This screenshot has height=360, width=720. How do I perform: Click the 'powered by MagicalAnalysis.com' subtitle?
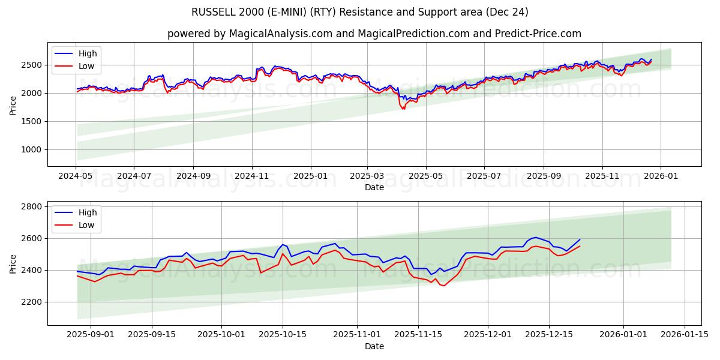click(374, 34)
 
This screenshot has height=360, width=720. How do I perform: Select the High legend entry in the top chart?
click(87, 53)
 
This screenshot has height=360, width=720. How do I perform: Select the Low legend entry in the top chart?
click(86, 66)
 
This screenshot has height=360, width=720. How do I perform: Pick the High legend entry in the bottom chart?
click(87, 212)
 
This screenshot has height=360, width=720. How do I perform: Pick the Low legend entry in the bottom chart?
click(86, 225)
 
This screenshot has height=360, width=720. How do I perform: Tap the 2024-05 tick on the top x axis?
click(76, 176)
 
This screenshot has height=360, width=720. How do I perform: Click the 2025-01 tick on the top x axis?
click(311, 176)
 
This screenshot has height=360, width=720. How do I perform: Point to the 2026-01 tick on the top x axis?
click(661, 176)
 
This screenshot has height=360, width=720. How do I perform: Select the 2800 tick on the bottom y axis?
click(33, 206)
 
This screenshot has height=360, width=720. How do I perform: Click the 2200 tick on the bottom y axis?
click(33, 302)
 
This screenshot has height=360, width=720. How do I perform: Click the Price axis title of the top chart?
click(13, 104)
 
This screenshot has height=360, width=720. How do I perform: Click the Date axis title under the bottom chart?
click(374, 347)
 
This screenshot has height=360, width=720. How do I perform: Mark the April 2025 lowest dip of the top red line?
click(403, 109)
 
